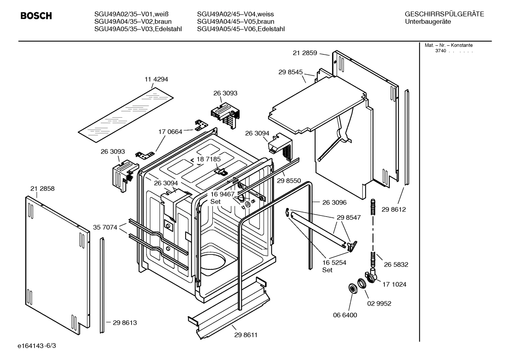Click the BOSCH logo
[36, 16]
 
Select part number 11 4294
[156, 79]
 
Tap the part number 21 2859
[305, 53]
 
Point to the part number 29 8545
[291, 72]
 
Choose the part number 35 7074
[105, 228]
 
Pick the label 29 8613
[125, 323]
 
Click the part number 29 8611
[246, 335]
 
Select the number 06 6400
[345, 315]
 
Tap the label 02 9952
[379, 303]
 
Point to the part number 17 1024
[394, 284]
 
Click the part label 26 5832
[396, 265]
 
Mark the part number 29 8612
[394, 209]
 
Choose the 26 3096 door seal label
[334, 203]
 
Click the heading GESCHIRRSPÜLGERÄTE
[444, 14]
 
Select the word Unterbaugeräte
[428, 22]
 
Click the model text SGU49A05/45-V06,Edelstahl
[241, 29]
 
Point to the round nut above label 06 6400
[352, 288]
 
